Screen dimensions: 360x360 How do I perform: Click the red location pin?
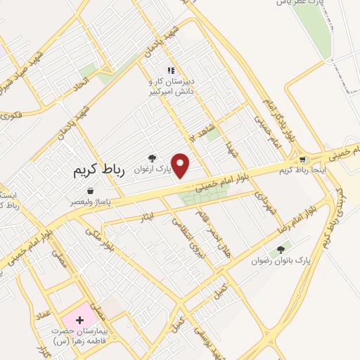(x=181, y=165)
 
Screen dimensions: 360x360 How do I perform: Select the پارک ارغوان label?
(x=154, y=169)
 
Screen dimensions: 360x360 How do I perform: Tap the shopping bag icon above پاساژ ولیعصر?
(x=90, y=191)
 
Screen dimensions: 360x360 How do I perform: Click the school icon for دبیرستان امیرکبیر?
(x=171, y=70)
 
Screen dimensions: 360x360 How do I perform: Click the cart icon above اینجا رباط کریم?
(x=303, y=160)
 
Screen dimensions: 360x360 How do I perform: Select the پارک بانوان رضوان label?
(x=281, y=261)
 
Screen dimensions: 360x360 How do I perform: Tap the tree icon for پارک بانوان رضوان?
(x=281, y=250)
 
